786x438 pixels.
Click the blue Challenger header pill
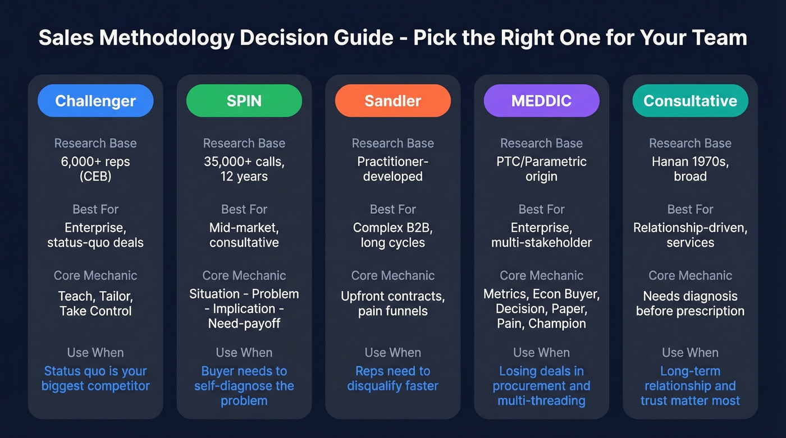pyautogui.click(x=95, y=101)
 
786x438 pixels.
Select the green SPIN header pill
pyautogui.click(x=244, y=101)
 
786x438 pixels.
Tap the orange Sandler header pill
pyautogui.click(x=393, y=101)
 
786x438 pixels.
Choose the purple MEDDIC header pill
pyautogui.click(x=542, y=101)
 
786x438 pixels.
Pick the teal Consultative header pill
pyautogui.click(x=690, y=101)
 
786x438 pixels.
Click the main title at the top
pyautogui.click(x=393, y=38)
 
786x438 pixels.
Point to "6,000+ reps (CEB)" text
pyautogui.click(x=95, y=169)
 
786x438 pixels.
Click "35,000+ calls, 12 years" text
pyautogui.click(x=244, y=169)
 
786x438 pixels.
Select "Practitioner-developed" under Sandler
pyautogui.click(x=393, y=169)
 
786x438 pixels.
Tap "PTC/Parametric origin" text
pyautogui.click(x=542, y=169)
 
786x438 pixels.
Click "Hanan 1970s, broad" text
pyautogui.click(x=690, y=169)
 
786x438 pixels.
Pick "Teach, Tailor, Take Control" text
pyautogui.click(x=95, y=303)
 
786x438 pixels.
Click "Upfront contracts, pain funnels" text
pyautogui.click(x=393, y=303)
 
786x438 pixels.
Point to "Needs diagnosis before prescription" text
pyautogui.click(x=690, y=303)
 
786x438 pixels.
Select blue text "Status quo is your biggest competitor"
pyautogui.click(x=95, y=379)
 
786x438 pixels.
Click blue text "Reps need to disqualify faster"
pyautogui.click(x=393, y=379)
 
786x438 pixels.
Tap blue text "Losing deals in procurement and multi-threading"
pyautogui.click(x=542, y=386)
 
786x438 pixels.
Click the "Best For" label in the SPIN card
pyautogui.click(x=244, y=210)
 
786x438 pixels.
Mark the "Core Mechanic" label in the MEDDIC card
pyautogui.click(x=542, y=275)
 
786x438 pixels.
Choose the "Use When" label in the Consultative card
pyautogui.click(x=690, y=353)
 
